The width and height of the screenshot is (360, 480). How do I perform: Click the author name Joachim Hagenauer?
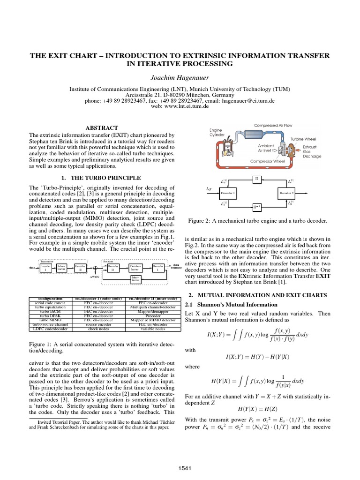180,77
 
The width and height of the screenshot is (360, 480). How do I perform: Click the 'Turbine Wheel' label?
303,139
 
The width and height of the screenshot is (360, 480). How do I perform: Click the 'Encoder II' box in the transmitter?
80,268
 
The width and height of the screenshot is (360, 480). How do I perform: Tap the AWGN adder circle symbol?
96,269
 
